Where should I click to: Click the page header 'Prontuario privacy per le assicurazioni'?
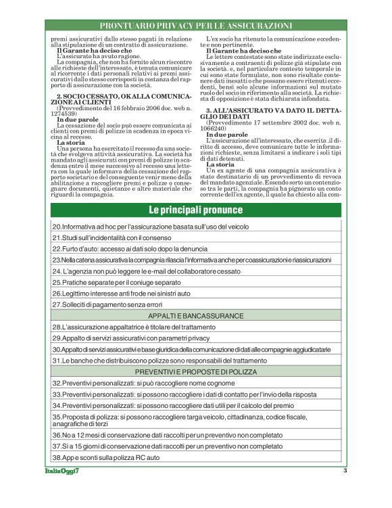pyautogui.click(x=196, y=26)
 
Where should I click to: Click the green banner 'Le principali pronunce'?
pyautogui.click(x=196, y=210)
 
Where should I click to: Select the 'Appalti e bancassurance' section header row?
pyautogui.click(x=196, y=316)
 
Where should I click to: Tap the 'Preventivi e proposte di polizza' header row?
pyautogui.click(x=196, y=372)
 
